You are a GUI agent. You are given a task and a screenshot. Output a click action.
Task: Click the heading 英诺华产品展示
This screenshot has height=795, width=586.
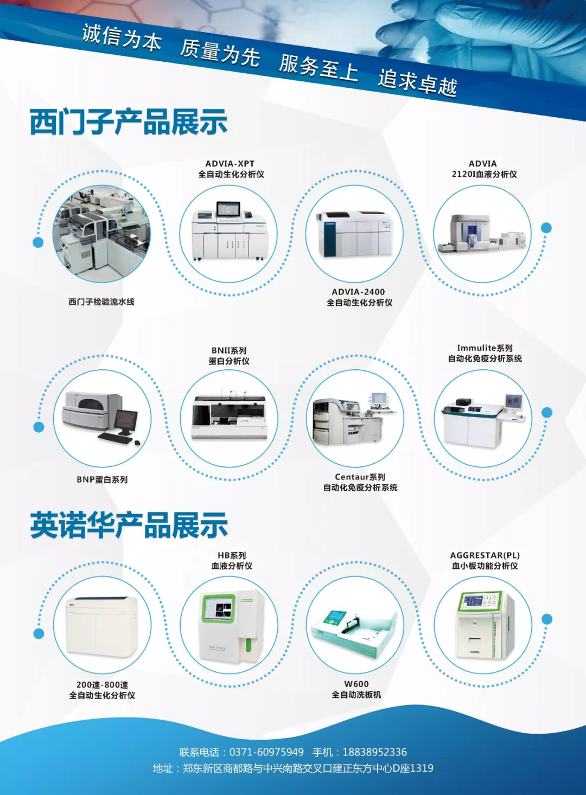[129, 525]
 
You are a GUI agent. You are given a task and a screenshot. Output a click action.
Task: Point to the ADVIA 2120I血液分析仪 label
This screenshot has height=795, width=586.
[483, 169]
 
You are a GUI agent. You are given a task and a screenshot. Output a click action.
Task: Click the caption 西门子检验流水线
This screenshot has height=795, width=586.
[101, 302]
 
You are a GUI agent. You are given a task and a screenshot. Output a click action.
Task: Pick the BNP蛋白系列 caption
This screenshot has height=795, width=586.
[103, 479]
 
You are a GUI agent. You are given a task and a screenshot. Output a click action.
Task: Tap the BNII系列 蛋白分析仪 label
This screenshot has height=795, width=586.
[229, 356]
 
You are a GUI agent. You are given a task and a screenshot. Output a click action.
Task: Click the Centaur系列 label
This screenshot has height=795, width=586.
[360, 477]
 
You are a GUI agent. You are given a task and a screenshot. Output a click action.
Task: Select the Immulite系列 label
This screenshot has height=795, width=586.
[485, 348]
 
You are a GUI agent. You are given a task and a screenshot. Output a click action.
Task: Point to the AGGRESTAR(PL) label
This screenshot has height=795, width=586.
[485, 555]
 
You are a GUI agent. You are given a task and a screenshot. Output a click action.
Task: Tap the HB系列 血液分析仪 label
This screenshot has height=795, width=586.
[232, 560]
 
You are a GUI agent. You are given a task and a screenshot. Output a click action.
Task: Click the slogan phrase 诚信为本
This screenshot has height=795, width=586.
[122, 37]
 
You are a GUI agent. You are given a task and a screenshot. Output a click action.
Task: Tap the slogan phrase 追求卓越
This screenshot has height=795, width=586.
[418, 82]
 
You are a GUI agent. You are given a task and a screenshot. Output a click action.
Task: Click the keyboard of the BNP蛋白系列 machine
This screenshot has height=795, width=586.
[115, 438]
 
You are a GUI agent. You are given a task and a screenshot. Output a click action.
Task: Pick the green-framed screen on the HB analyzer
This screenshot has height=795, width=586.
[219, 608]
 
